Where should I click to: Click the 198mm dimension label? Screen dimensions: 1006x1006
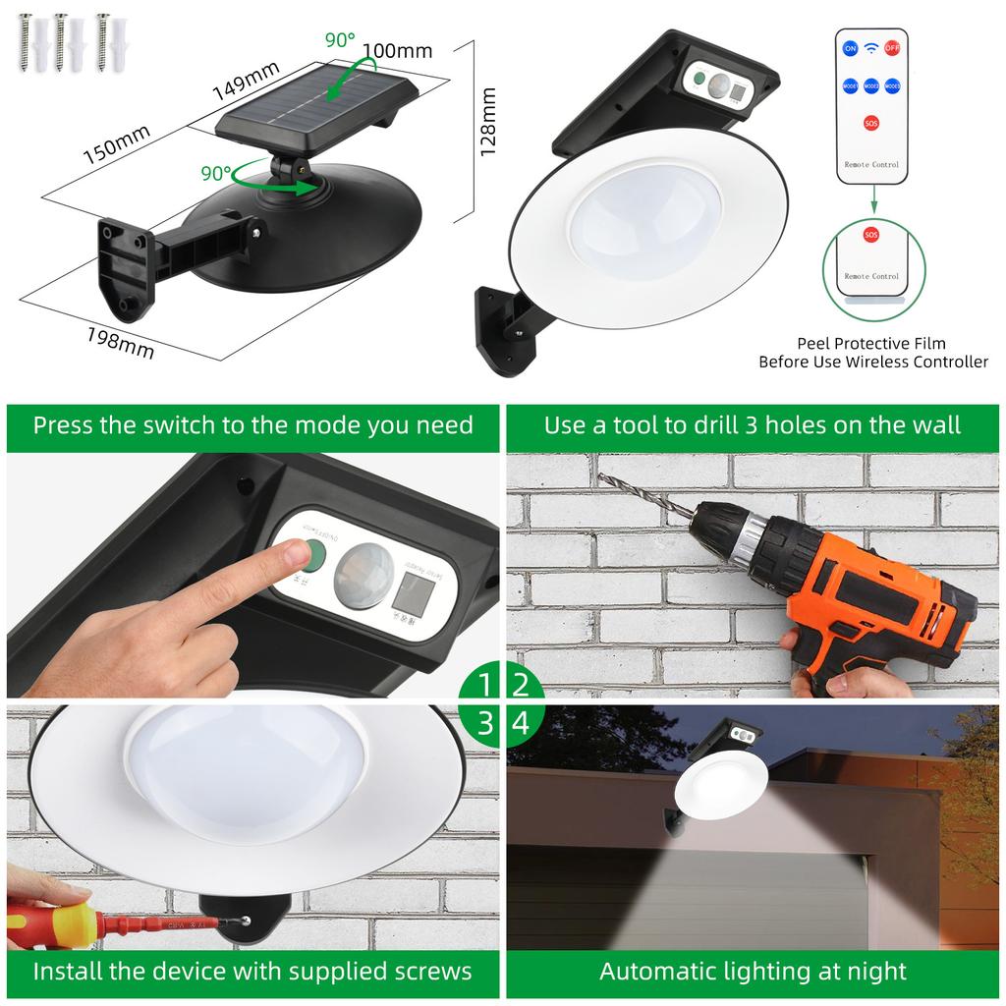120,343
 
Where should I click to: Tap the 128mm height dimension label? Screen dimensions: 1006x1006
488,121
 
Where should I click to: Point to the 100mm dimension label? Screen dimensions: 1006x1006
397,50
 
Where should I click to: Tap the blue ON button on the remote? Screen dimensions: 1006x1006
850,47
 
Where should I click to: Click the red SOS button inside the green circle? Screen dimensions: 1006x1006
870,236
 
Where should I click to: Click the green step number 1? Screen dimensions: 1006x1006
484,684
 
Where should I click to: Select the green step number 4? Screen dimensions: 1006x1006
521,723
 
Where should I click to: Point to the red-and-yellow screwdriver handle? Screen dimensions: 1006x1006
49,922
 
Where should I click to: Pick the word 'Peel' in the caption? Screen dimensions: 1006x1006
816,343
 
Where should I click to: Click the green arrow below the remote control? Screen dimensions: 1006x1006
871,200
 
